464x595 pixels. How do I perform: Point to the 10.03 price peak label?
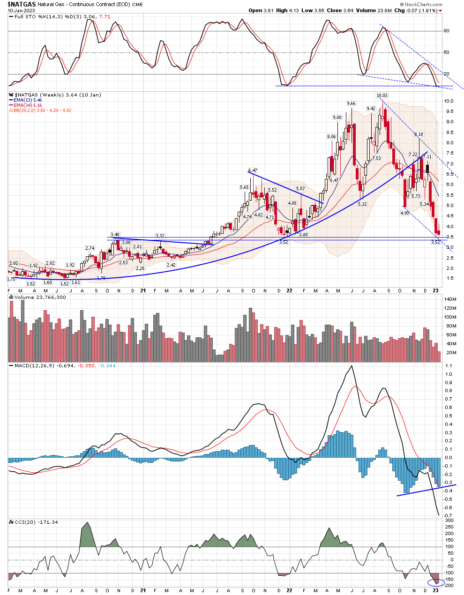(382, 96)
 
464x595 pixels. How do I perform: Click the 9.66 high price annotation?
(351, 104)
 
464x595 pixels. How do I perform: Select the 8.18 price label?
(419, 134)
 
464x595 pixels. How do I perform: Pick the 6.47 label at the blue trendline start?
(253, 171)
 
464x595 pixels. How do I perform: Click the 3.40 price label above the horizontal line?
(115, 234)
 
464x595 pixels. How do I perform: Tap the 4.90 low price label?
(404, 213)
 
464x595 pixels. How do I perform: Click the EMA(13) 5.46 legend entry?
(28, 100)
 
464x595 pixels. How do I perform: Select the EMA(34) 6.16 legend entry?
(28, 105)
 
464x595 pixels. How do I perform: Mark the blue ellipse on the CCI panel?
(436, 582)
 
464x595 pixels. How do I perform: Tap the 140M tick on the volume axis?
(450, 299)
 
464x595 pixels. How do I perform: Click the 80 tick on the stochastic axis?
(446, 31)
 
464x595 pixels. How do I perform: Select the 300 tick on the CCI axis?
(449, 521)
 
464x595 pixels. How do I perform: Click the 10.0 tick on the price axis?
(449, 101)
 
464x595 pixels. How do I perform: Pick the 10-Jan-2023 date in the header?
(20, 10)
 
